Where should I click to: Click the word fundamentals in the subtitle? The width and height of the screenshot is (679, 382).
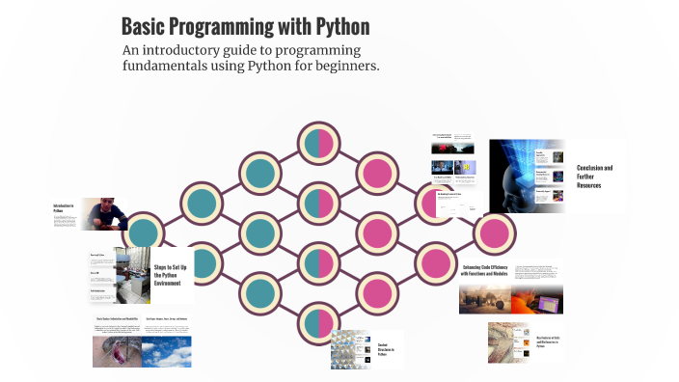click(172, 67)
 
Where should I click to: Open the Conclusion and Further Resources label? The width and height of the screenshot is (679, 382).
click(594, 176)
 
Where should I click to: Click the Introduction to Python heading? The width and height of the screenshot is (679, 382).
click(65, 208)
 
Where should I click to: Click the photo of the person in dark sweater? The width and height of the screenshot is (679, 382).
click(103, 214)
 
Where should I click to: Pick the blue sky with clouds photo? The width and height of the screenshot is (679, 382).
click(167, 351)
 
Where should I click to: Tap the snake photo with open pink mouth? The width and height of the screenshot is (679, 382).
click(117, 351)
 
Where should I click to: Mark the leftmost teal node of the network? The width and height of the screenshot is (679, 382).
click(144, 232)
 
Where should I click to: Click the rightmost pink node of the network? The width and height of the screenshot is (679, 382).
click(495, 232)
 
